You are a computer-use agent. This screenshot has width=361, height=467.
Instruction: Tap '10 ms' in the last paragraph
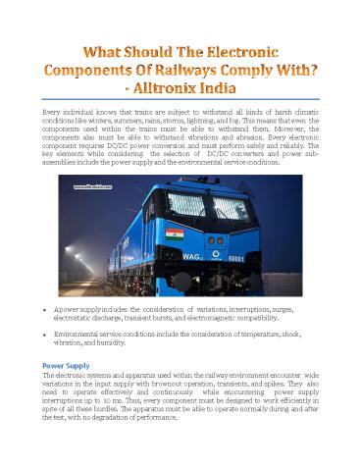tap(127, 402)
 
